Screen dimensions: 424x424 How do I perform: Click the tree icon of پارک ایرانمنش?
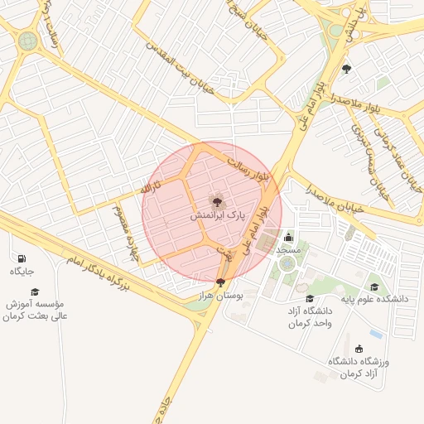pyautogui.click(x=217, y=201)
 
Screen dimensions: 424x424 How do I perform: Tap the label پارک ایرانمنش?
pyautogui.click(x=217, y=215)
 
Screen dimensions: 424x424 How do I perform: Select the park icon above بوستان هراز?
pyautogui.click(x=219, y=282)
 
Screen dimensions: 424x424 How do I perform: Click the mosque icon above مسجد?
pyautogui.click(x=288, y=238)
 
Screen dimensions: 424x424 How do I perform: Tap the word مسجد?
pyautogui.click(x=288, y=249)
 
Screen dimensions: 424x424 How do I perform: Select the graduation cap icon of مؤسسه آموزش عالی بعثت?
pyautogui.click(x=35, y=291)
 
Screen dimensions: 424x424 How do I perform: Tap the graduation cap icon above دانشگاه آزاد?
pyautogui.click(x=310, y=299)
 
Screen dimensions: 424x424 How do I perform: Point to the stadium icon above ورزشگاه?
pyautogui.click(x=359, y=349)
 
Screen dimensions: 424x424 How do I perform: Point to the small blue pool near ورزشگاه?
pyautogui.click(x=377, y=335)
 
